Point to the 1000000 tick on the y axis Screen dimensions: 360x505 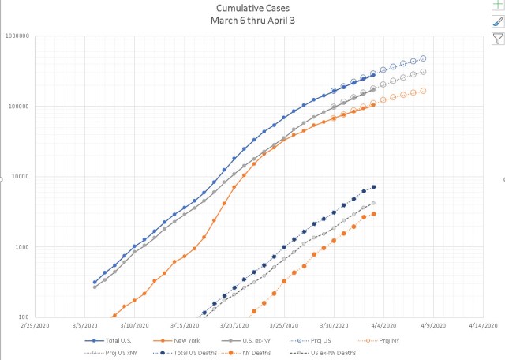tap(16, 36)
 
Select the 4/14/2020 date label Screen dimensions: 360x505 tap(481, 324)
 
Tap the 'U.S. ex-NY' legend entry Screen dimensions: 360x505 tap(252, 340)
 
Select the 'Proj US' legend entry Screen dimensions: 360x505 tap(324, 340)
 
